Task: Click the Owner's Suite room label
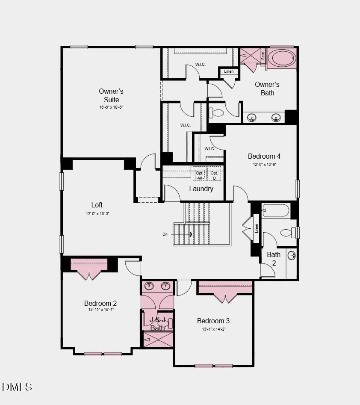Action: coord(111,95)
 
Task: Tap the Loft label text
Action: coord(97,205)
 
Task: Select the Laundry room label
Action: coord(201,189)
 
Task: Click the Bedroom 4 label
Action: coord(264,156)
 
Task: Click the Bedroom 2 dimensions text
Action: coord(100,310)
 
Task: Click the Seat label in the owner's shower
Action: coord(263,56)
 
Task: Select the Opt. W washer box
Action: coord(200,175)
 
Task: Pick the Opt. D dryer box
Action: coord(214,175)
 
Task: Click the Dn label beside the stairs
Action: coord(165,234)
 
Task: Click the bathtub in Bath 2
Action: coord(276,210)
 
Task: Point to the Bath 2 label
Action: coord(274,259)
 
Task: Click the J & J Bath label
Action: coord(157,324)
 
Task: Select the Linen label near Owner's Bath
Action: coord(229,71)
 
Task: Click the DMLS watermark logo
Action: coord(17,387)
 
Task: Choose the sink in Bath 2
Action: coord(292,256)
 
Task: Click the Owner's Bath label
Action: coord(267,89)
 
